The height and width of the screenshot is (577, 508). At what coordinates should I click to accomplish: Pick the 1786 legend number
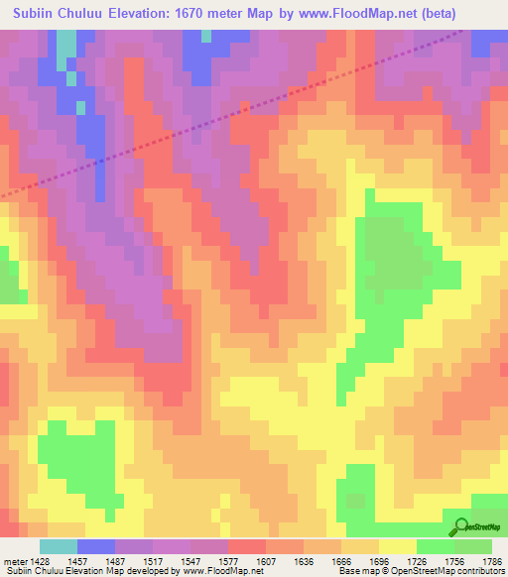[x=490, y=560]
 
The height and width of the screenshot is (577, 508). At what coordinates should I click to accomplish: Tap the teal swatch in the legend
[x=58, y=546]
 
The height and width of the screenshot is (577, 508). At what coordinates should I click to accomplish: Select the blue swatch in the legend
[x=95, y=546]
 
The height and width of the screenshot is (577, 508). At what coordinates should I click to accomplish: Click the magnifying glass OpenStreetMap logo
[x=461, y=527]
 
